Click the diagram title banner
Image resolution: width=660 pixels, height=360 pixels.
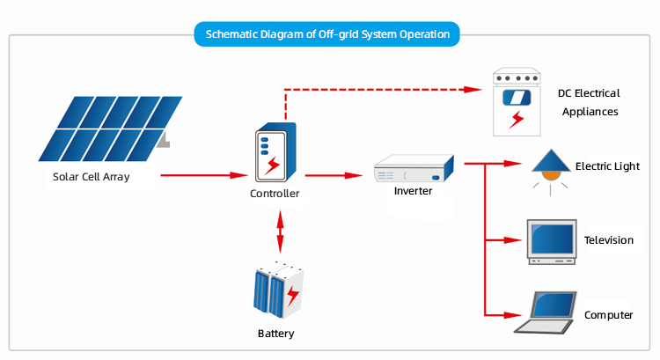pyautogui.click(x=327, y=34)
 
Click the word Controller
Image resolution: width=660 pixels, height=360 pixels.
pyautogui.click(x=275, y=194)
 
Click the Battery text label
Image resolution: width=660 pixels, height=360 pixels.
pyautogui.click(x=275, y=334)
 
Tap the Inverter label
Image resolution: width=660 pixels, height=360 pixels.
pyautogui.click(x=413, y=191)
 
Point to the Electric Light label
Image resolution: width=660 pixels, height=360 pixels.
pyautogui.click(x=607, y=165)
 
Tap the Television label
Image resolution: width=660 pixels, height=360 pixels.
pyautogui.click(x=608, y=240)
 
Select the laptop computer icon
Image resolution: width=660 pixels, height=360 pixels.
pyautogui.click(x=546, y=312)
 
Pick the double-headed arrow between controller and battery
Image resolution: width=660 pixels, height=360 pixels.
pyautogui.click(x=280, y=232)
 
